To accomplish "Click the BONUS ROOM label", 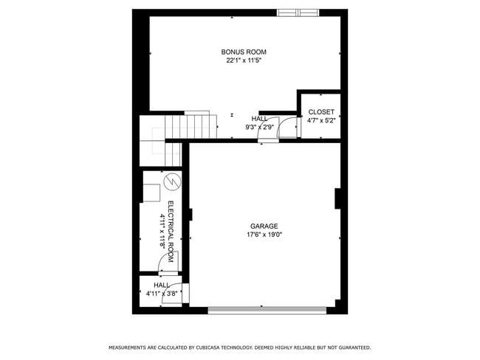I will (244, 52).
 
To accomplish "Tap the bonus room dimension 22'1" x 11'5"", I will (244, 60).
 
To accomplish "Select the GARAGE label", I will (264, 226).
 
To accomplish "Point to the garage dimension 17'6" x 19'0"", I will (264, 235).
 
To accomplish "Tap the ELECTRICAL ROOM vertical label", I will (171, 232).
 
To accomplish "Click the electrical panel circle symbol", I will (171, 181).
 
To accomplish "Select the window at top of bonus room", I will (299, 13).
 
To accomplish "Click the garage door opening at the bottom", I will (267, 310).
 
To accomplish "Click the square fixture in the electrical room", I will (151, 192).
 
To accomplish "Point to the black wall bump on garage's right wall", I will (337, 199).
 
